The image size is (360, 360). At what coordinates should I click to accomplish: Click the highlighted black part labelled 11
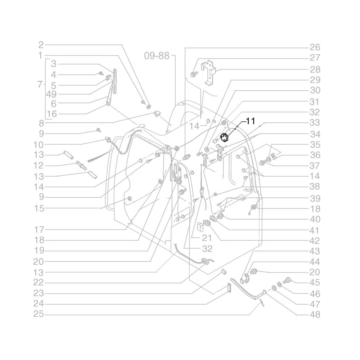(224, 137)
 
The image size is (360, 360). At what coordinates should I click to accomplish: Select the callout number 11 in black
(250, 121)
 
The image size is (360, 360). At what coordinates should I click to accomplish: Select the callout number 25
(39, 314)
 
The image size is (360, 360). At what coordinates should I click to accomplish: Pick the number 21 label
(197, 238)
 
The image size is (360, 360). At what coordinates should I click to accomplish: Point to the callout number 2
(41, 45)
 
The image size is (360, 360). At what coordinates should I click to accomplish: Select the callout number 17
(39, 229)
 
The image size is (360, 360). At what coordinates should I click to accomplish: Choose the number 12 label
(39, 166)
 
